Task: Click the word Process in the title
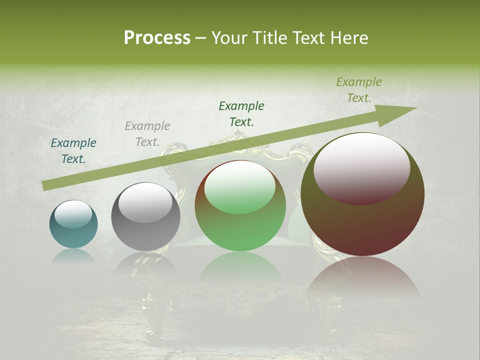pos(157,38)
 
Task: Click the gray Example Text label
pos(147,134)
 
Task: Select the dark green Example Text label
pos(241,114)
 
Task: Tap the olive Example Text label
pos(359,90)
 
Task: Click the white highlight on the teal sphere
pos(73,214)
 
